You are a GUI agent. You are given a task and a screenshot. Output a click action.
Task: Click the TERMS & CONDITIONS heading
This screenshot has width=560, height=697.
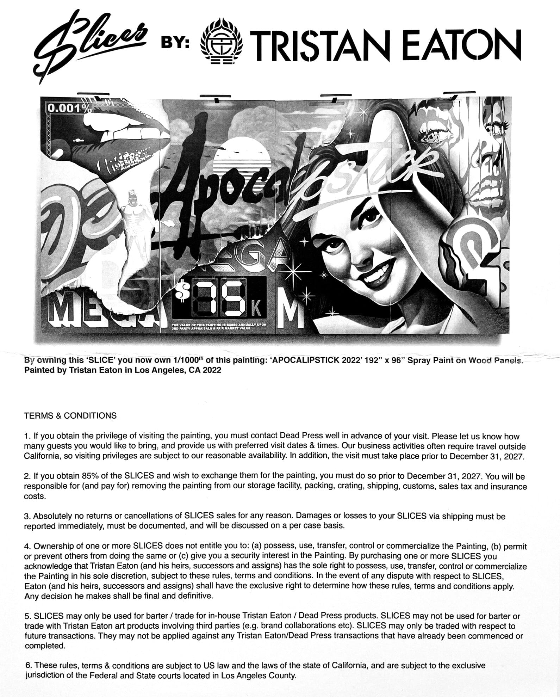pos(70,415)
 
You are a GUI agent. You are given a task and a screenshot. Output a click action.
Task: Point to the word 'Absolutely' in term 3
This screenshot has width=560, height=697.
pos(52,516)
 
